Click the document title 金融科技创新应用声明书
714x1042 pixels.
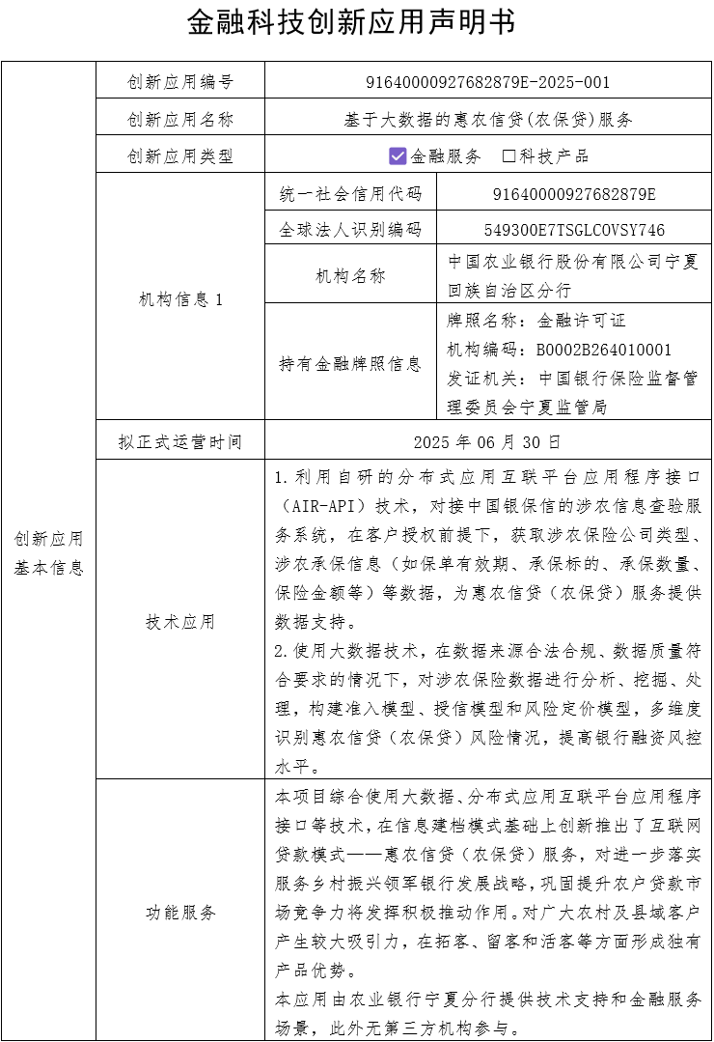click(351, 22)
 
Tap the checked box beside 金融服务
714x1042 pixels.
click(398, 155)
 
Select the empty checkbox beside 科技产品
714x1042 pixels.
click(509, 155)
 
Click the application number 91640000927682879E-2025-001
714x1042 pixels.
click(488, 82)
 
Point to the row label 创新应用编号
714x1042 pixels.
click(180, 82)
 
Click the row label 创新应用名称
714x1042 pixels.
click(180, 120)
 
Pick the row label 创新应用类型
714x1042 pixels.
click(180, 156)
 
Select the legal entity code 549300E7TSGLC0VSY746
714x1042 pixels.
click(574, 230)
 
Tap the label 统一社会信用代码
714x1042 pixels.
click(350, 194)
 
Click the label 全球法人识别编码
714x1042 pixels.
click(350, 230)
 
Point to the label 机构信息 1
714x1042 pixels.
click(180, 299)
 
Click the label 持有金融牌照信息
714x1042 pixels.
click(350, 364)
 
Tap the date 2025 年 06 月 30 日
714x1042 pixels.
click(487, 442)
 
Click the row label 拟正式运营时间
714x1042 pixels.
click(180, 442)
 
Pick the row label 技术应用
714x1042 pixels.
click(180, 622)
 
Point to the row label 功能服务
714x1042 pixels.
click(180, 912)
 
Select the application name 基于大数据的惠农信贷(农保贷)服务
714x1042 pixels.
click(488, 120)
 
